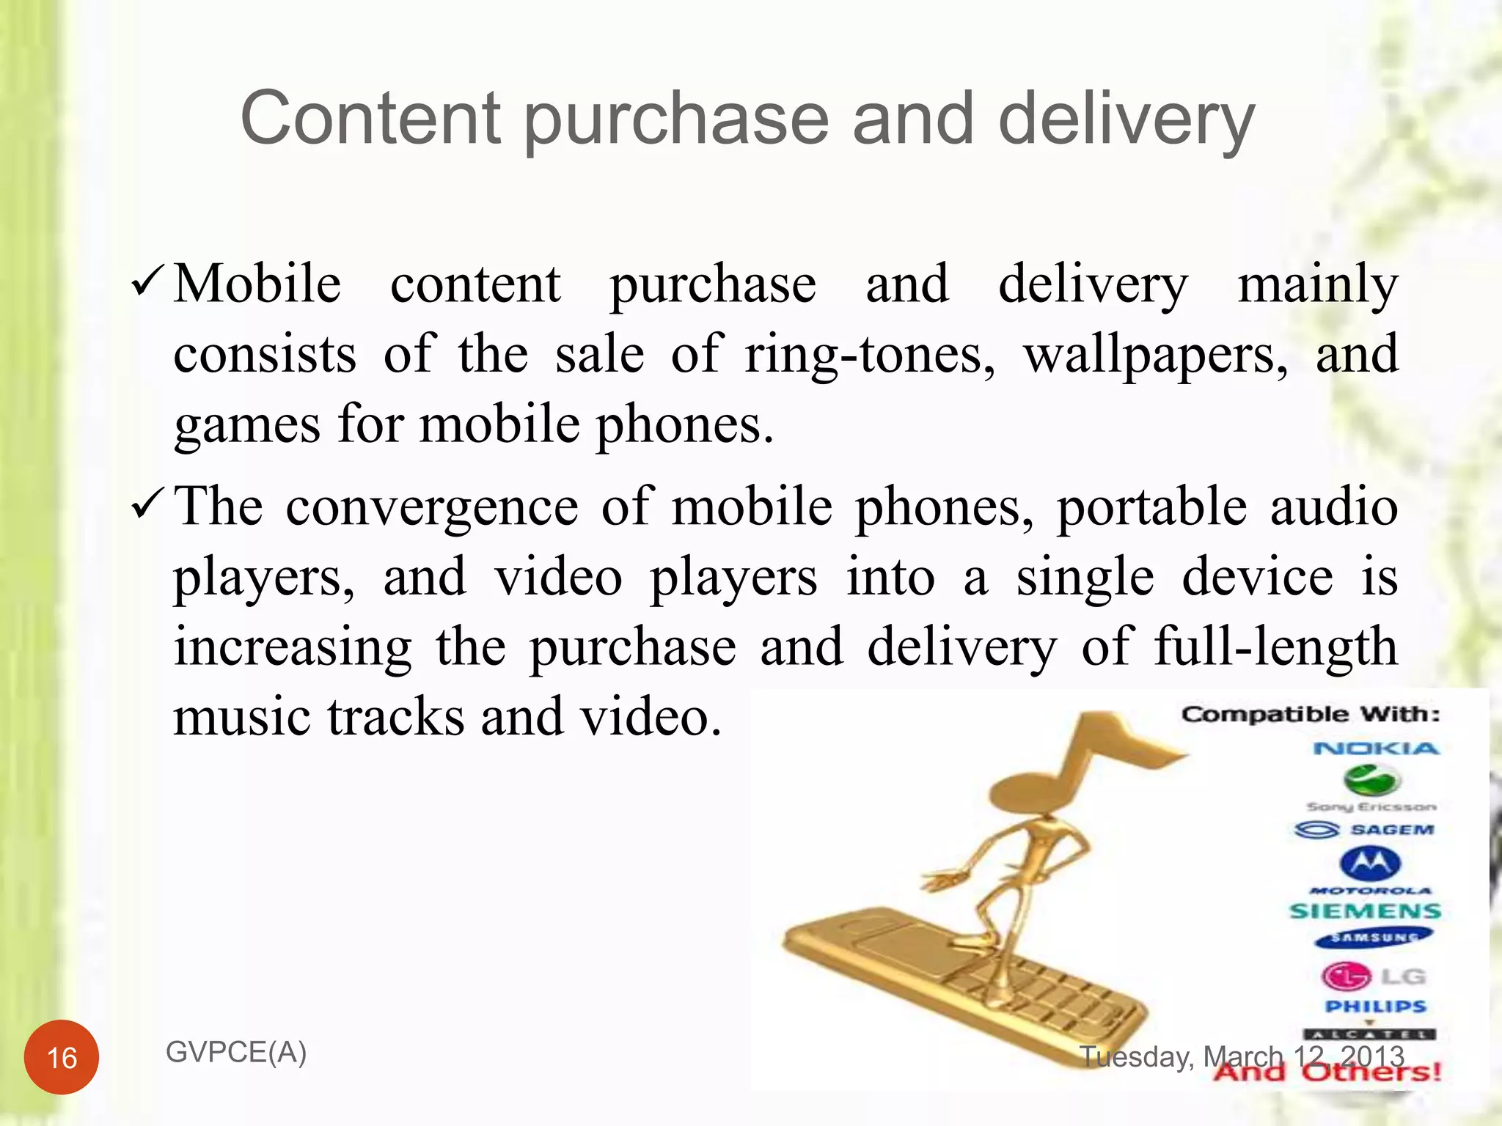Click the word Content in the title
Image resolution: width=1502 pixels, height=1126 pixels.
pyautogui.click(x=371, y=119)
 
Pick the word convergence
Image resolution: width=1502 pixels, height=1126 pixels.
pyautogui.click(x=431, y=507)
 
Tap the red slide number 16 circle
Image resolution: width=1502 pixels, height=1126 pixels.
pyautogui.click(x=62, y=1057)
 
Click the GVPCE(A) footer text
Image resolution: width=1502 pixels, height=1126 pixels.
pyautogui.click(x=236, y=1052)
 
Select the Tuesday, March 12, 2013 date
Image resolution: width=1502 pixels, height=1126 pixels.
pyautogui.click(x=1242, y=1056)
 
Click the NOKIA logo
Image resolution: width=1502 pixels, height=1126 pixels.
pyautogui.click(x=1376, y=748)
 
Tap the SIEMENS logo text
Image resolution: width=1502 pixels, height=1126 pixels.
pyautogui.click(x=1365, y=911)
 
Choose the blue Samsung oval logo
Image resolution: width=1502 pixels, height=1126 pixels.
pyautogui.click(x=1373, y=937)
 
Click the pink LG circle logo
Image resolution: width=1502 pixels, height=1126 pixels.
pyautogui.click(x=1346, y=976)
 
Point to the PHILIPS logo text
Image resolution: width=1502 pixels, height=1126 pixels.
pyautogui.click(x=1375, y=1007)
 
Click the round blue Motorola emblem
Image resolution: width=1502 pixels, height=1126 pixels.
pyautogui.click(x=1371, y=864)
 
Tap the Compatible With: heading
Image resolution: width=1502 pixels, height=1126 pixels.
pyautogui.click(x=1311, y=714)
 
